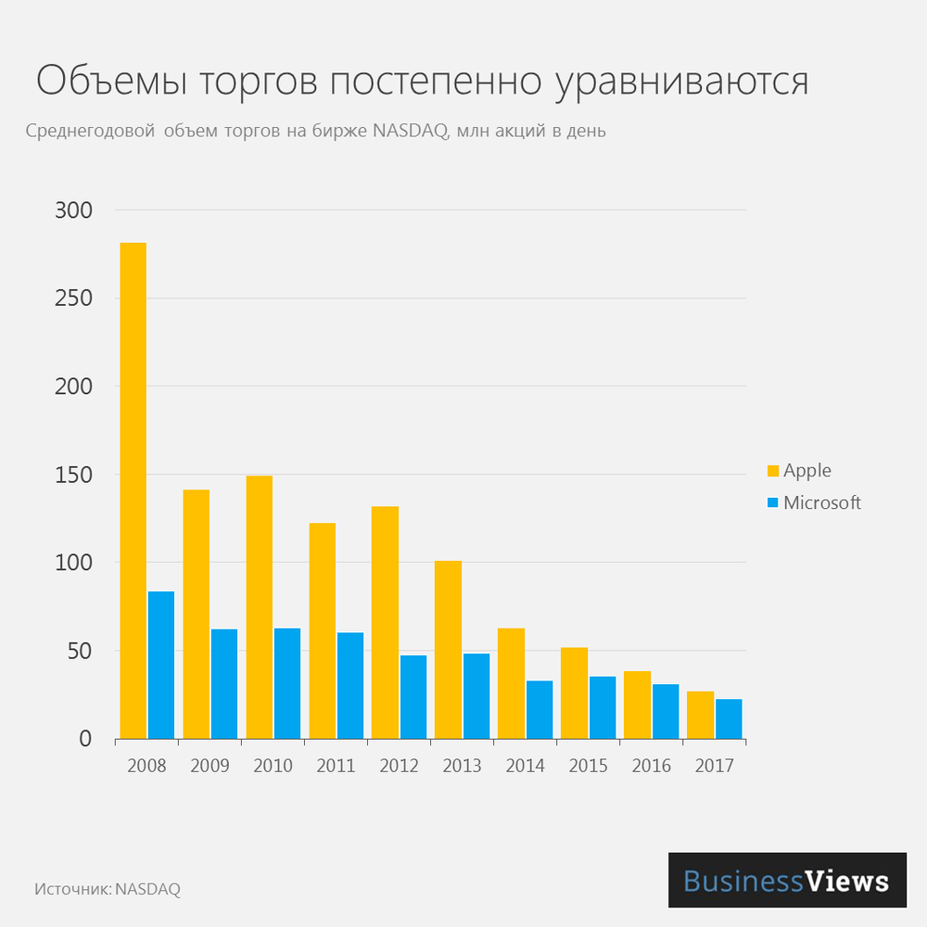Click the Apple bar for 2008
[x=133, y=490]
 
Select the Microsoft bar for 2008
[x=161, y=665]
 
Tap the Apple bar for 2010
[x=259, y=607]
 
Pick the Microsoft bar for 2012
[x=413, y=697]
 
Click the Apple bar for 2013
[x=448, y=650]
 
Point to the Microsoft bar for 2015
[x=603, y=707]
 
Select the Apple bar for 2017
[x=700, y=715]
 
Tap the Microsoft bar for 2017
[x=729, y=718]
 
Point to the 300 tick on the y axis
[x=74, y=210]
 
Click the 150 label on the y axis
[x=74, y=475]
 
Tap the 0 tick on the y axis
[x=84, y=739]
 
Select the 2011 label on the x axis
[x=336, y=767]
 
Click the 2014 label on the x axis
[x=525, y=767]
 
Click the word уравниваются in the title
[x=682, y=83]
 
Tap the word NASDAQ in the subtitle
[x=412, y=131]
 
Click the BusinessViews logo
[x=787, y=880]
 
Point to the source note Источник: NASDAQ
[x=108, y=889]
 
